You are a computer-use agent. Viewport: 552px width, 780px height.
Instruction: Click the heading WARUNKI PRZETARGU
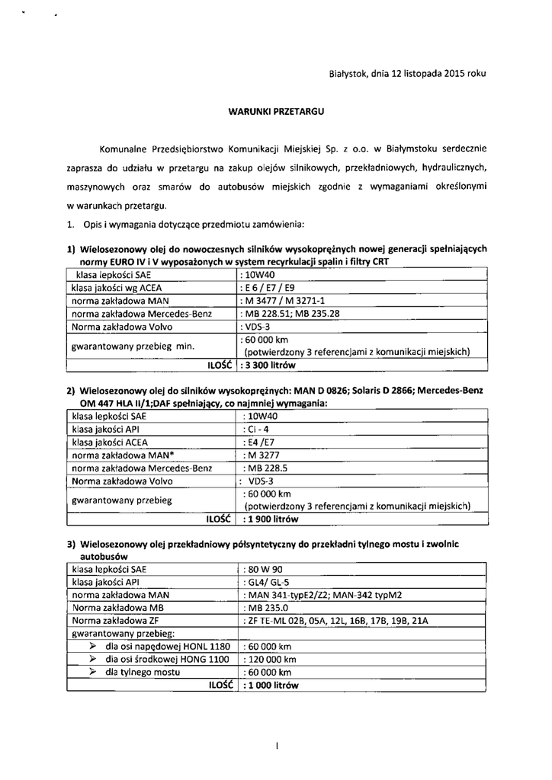[276, 110]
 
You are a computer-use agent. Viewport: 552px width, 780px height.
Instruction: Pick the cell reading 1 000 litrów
[271, 685]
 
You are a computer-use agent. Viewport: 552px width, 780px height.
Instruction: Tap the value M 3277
[259, 455]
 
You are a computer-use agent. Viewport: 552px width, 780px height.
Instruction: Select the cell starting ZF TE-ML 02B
[335, 621]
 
